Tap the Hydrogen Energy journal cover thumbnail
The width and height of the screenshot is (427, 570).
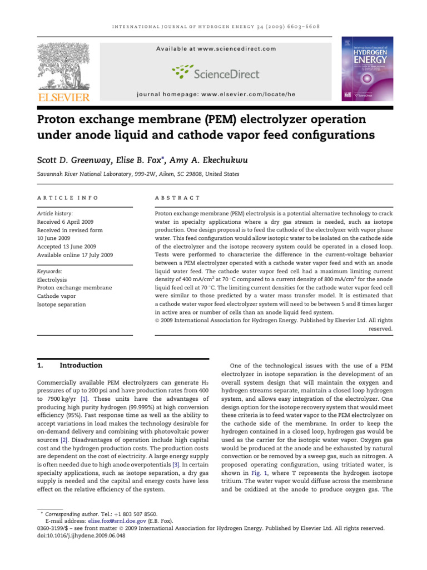(x=365, y=70)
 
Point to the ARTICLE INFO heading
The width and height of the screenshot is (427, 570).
(x=68, y=198)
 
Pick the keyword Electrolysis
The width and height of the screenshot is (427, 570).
(x=52, y=279)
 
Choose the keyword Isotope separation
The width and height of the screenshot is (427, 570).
(x=61, y=304)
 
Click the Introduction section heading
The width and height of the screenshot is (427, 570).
(x=81, y=366)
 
